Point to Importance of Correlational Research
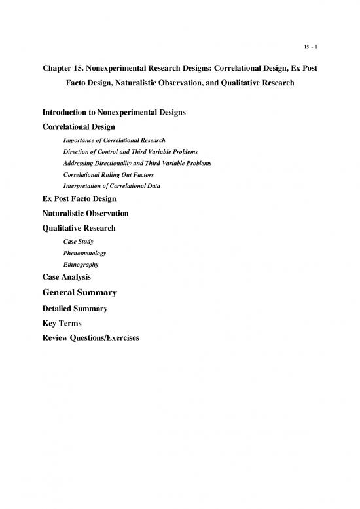(x=114, y=140)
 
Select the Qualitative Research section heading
(x=79, y=228)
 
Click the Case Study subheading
(x=79, y=241)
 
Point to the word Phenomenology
(x=84, y=252)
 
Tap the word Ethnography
(x=81, y=264)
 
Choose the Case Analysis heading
(x=66, y=277)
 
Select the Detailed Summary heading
(x=75, y=308)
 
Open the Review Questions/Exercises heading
(x=90, y=338)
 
